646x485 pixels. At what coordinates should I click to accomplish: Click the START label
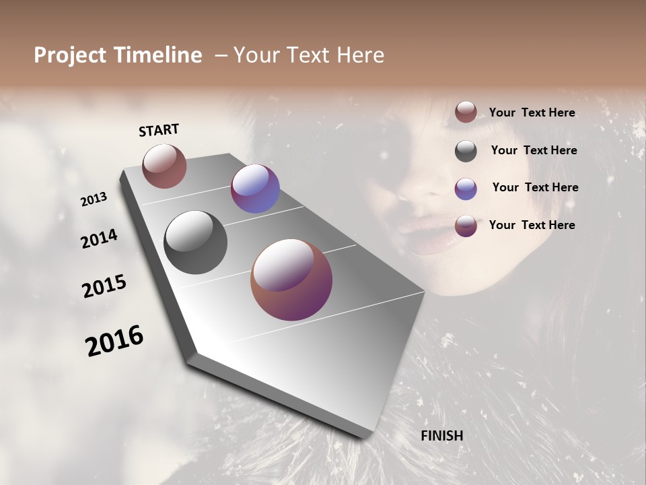coord(159,130)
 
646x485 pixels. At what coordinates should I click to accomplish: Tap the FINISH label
coord(442,436)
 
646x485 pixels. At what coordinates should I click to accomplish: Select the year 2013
coord(94,199)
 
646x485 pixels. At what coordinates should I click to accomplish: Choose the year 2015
coord(104,286)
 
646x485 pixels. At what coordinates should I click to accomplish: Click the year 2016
coord(114,340)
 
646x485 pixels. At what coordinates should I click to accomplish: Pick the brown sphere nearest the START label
coord(164,166)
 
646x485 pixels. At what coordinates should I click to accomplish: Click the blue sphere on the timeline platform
coord(255,189)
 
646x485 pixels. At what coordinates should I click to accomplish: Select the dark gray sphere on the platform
coord(195,243)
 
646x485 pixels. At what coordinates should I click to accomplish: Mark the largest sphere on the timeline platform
coord(291,280)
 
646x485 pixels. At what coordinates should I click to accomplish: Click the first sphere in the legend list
coord(466,112)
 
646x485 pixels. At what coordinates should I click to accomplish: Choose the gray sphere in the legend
coord(466,151)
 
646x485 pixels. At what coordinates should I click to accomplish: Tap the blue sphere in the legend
coord(466,189)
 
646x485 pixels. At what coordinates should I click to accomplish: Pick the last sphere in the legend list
coord(466,226)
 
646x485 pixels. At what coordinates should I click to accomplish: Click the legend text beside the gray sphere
coord(534,150)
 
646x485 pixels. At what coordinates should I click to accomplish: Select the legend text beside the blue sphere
coord(535,187)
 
